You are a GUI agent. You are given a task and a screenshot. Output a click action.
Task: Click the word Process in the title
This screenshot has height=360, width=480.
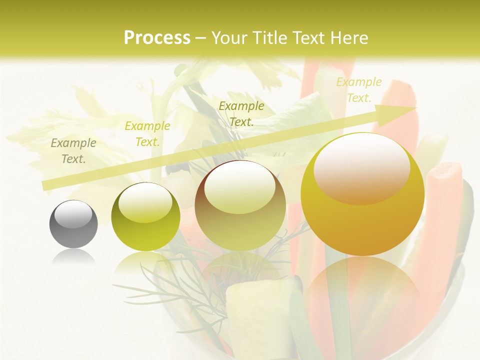click(x=157, y=38)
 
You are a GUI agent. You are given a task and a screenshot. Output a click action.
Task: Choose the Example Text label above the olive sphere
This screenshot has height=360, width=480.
click(x=147, y=133)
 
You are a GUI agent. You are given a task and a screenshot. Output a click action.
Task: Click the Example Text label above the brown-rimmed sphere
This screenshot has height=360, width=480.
click(x=241, y=113)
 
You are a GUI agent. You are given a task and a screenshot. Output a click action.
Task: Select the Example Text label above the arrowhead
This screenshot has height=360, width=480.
click(x=358, y=90)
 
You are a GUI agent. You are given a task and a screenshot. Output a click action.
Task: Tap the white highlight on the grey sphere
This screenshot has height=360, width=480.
click(x=73, y=214)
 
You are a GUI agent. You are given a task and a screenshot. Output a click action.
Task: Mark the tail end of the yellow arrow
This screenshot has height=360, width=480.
click(x=46, y=185)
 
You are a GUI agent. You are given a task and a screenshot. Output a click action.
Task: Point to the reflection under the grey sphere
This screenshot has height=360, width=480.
click(x=73, y=257)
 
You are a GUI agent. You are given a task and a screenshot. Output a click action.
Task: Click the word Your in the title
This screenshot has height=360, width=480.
click(x=229, y=38)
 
